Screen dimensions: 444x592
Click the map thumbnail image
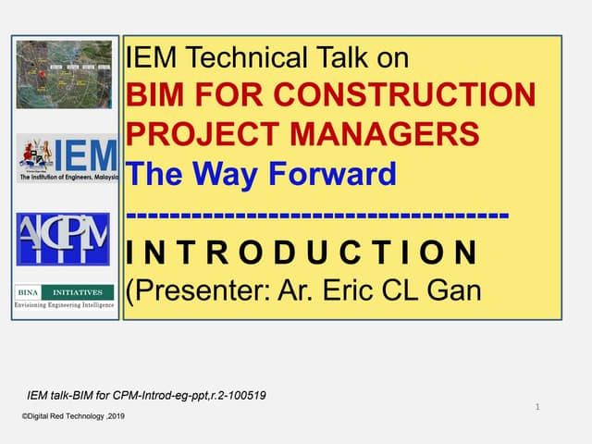tap(64, 74)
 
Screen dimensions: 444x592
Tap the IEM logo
tap(67, 158)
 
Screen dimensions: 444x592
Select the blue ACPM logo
tap(63, 239)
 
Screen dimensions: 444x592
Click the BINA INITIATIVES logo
tap(65, 291)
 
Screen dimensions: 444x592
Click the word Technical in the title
tap(240, 58)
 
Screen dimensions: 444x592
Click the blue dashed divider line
tap(316, 215)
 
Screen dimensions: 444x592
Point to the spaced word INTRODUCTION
tap(302, 252)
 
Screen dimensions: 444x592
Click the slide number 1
tap(537, 406)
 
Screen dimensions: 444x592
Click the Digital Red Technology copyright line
tap(73, 417)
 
